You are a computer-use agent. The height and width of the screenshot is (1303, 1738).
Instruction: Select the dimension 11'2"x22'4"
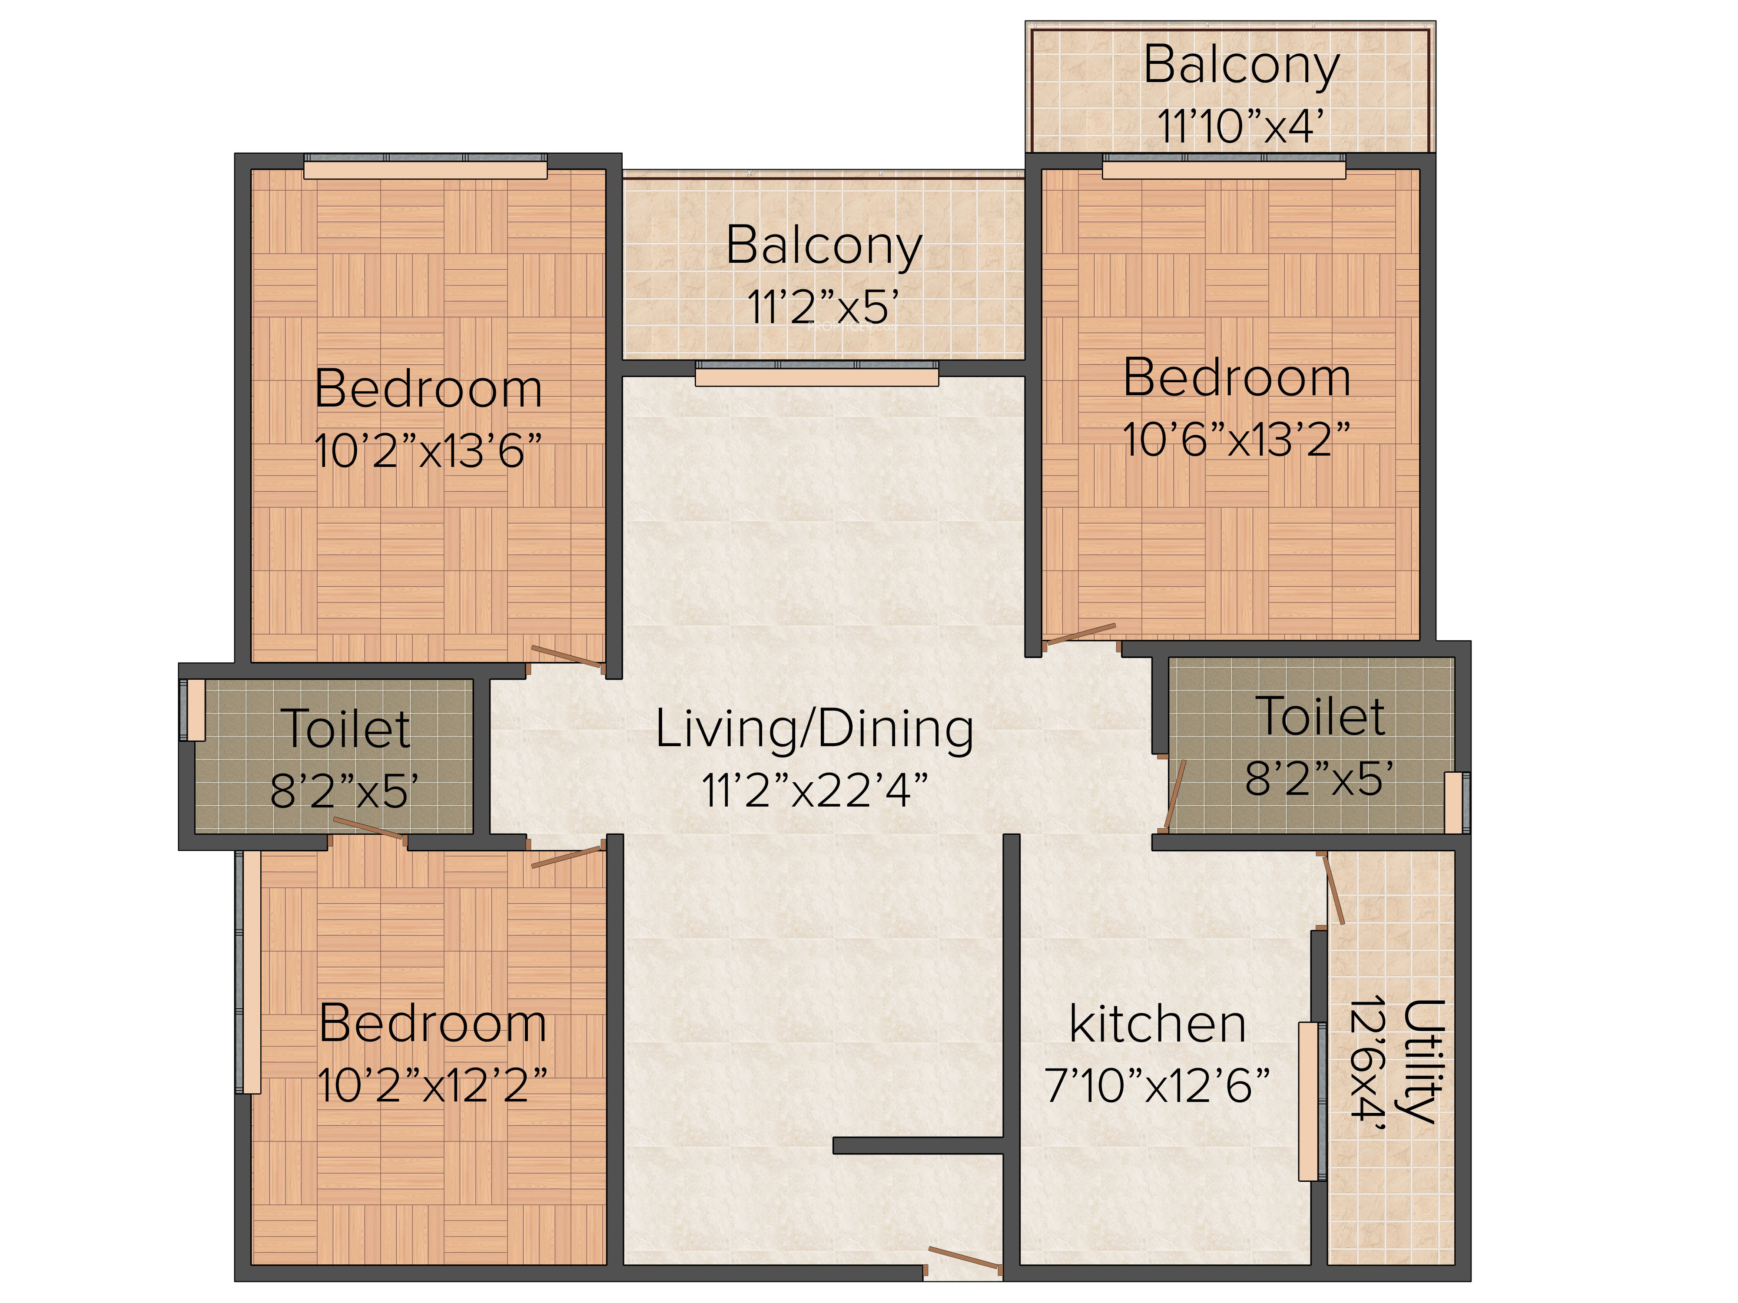815,790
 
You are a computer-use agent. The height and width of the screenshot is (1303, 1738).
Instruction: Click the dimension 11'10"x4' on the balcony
1240,125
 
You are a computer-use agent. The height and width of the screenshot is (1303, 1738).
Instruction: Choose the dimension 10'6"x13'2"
1237,438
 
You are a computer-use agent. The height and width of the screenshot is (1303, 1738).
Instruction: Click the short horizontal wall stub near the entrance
919,1146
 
